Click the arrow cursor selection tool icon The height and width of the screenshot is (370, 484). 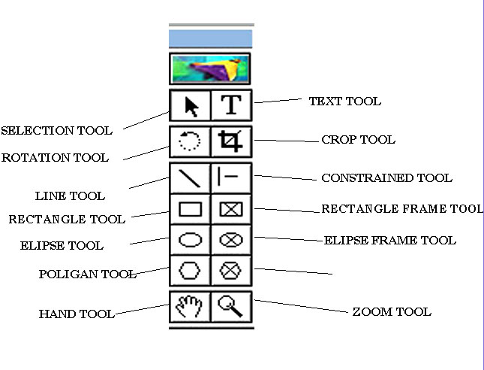[x=191, y=106]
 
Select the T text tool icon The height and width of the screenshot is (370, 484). [x=231, y=106]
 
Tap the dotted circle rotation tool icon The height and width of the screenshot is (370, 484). [x=191, y=141]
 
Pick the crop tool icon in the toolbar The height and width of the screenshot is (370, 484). [x=231, y=141]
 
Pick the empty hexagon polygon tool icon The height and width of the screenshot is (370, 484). [x=191, y=269]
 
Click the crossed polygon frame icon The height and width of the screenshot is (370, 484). [x=231, y=269]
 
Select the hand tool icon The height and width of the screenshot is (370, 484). [x=191, y=306]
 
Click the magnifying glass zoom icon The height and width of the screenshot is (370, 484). [x=231, y=306]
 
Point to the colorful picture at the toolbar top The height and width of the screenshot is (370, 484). [x=210, y=68]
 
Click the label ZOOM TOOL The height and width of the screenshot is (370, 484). [x=392, y=311]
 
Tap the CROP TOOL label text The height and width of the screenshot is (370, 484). [x=358, y=140]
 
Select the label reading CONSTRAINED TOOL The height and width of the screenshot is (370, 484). [x=386, y=178]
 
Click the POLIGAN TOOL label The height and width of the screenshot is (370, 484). [x=87, y=274]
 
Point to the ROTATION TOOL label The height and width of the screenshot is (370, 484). [x=55, y=158]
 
